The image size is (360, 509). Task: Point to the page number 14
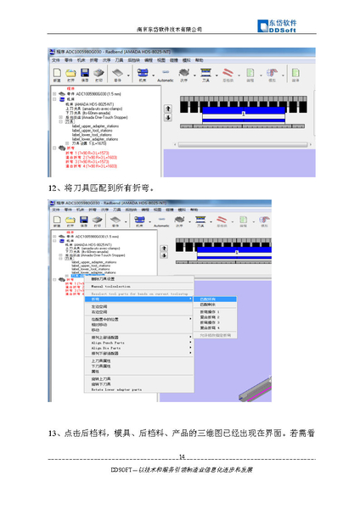coord(181,457)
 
